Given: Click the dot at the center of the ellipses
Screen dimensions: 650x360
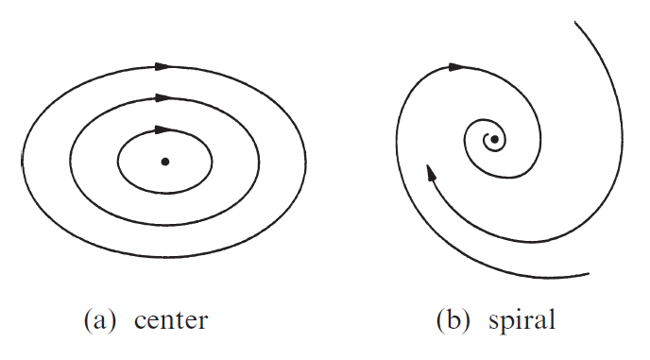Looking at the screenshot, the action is point(165,162).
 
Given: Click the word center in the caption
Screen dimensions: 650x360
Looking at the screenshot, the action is point(170,319).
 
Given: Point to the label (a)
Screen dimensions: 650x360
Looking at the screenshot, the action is point(101,319).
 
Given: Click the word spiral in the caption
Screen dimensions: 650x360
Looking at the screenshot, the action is point(522,319).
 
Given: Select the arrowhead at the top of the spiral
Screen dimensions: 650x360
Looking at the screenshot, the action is point(456,67).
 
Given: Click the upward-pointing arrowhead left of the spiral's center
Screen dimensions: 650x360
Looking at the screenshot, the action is point(431,172).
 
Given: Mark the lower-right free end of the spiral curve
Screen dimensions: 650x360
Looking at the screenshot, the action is point(589,273).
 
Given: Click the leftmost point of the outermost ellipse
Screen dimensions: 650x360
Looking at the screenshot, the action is point(23,162).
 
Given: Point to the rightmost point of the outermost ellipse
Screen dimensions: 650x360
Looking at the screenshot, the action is point(306,162).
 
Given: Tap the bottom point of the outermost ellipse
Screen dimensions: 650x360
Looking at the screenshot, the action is point(164,257).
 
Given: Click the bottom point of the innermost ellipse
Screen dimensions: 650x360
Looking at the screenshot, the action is point(165,195).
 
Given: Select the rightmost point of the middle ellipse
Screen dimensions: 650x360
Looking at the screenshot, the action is point(260,162).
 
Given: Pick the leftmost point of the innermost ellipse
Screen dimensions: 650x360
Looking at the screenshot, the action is point(118,162).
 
